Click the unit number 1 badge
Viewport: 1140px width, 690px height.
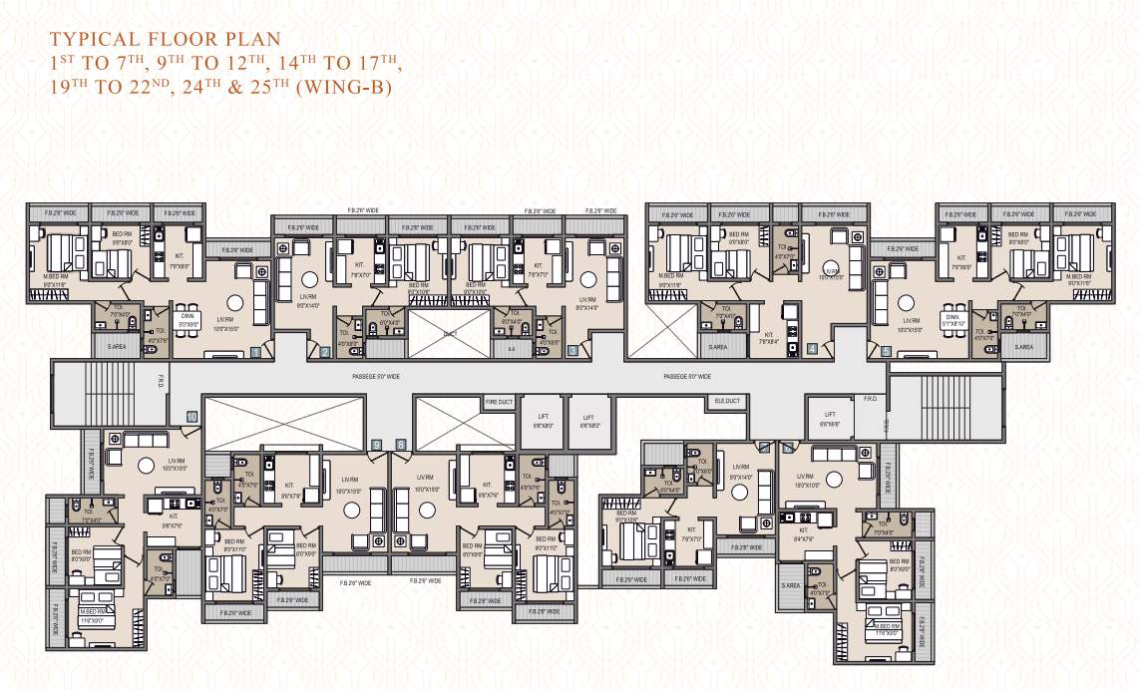pyautogui.click(x=256, y=351)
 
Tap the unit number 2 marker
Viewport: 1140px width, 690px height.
pyautogui.click(x=325, y=351)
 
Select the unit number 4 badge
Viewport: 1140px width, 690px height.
pyautogui.click(x=813, y=349)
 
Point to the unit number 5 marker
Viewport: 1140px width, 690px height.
pyautogui.click(x=887, y=351)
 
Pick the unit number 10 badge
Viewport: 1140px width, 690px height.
pyautogui.click(x=191, y=416)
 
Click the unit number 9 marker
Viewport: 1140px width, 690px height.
pyautogui.click(x=376, y=445)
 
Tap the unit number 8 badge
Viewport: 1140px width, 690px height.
pyautogui.click(x=401, y=445)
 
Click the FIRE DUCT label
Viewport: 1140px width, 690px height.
pyautogui.click(x=499, y=402)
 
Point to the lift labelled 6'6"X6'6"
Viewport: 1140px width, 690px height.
pyautogui.click(x=830, y=419)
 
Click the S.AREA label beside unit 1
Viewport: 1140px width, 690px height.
pyautogui.click(x=116, y=346)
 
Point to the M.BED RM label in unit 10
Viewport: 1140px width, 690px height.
pyautogui.click(x=96, y=612)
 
